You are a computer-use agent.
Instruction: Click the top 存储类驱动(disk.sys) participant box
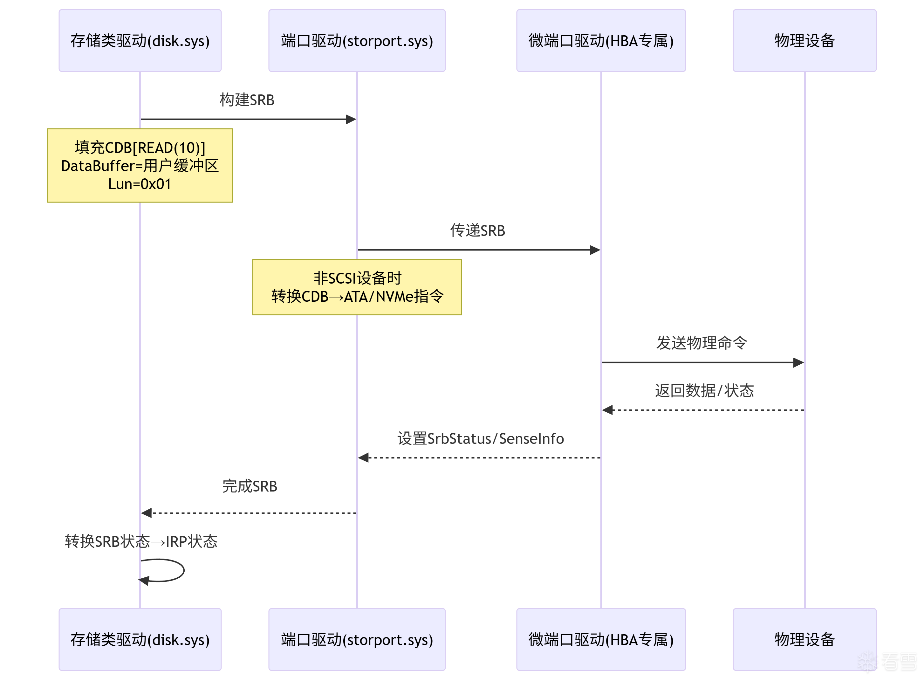(140, 40)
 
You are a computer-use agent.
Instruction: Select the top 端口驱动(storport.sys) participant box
(357, 40)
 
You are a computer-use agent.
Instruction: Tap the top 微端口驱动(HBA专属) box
(600, 40)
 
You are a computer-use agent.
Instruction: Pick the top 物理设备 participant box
(804, 40)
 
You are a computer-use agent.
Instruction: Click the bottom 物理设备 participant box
(804, 639)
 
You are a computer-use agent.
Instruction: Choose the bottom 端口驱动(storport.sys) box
(357, 639)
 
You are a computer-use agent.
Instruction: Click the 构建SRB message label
(247, 100)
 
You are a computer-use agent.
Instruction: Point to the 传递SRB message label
(477, 230)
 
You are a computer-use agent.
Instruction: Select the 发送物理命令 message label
(702, 342)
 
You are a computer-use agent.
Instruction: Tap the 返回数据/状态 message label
(704, 390)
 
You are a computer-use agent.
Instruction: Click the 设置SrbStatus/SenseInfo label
(480, 438)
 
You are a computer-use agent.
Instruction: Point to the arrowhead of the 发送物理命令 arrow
(798, 362)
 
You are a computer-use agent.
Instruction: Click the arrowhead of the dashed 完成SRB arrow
(146, 513)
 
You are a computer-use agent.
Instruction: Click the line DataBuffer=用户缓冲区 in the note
(140, 166)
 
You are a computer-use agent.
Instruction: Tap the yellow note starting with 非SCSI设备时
(357, 287)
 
